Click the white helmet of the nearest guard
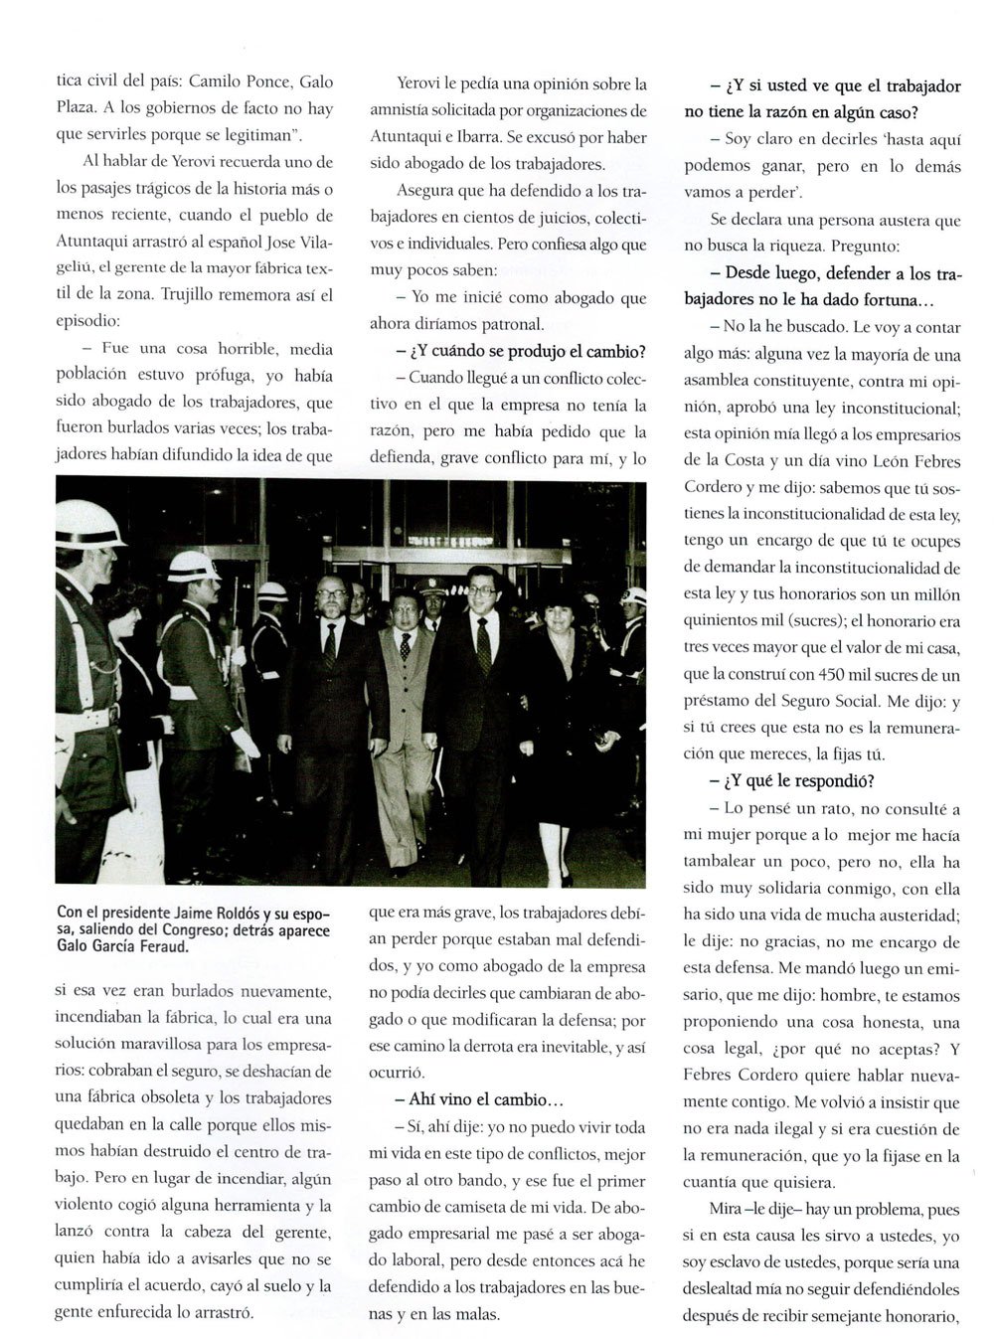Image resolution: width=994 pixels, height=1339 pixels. click(86, 523)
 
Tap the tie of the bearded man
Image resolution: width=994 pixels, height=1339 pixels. click(329, 646)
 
